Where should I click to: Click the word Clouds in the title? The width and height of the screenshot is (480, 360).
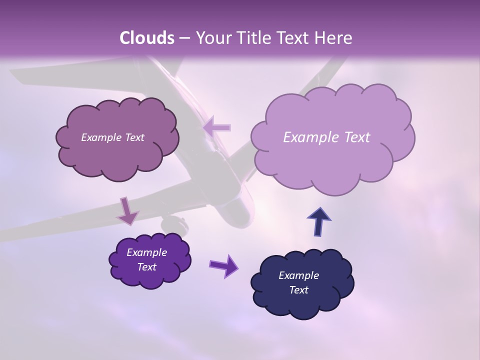pos(147,38)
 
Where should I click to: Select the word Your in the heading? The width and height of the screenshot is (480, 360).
pos(210,38)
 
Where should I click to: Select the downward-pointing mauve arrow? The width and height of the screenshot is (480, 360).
pos(127,210)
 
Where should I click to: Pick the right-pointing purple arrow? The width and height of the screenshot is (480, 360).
pos(223,265)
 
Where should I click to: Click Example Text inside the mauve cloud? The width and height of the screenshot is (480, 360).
pos(112,137)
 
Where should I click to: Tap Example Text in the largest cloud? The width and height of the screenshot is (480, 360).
pos(326,137)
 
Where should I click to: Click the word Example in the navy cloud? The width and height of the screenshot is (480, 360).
pos(298,275)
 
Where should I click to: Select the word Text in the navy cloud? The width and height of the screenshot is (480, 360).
pos(298,290)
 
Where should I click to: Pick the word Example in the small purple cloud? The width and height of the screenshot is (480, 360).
pos(146,252)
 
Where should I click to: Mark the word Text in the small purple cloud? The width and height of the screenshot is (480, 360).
pos(146,267)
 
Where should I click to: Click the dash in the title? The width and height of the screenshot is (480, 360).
pos(184,38)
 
